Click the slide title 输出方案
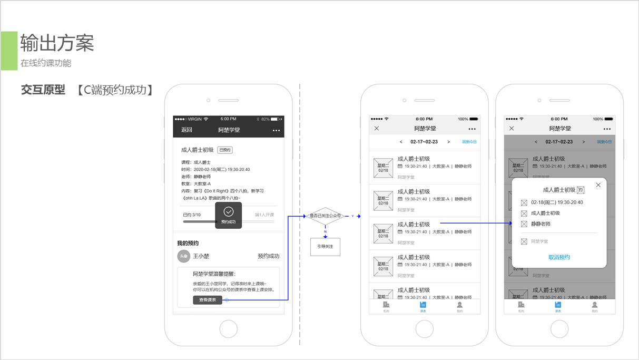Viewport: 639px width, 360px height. pyautogui.click(x=57, y=43)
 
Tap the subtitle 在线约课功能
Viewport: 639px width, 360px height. pyautogui.click(x=46, y=63)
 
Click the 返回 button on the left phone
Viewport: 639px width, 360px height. pyautogui.click(x=186, y=130)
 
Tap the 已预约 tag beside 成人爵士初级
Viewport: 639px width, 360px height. pyautogui.click(x=225, y=150)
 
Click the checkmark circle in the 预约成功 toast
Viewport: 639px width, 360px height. pyautogui.click(x=228, y=211)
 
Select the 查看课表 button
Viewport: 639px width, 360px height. pyautogui.click(x=207, y=300)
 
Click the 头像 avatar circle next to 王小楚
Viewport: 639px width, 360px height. pyautogui.click(x=183, y=256)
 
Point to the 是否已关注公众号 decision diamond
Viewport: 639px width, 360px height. pyautogui.click(x=325, y=216)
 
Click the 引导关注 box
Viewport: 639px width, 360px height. pyautogui.click(x=325, y=247)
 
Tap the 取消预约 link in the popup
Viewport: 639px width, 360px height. pyautogui.click(x=559, y=257)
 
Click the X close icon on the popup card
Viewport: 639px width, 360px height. pyautogui.click(x=598, y=185)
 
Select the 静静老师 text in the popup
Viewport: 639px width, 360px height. pyautogui.click(x=540, y=224)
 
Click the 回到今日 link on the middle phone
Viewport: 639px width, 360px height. pyautogui.click(x=469, y=142)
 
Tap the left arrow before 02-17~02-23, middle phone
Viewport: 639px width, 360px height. pyautogui.click(x=401, y=142)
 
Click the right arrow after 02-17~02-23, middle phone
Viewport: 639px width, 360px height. pyautogui.click(x=448, y=142)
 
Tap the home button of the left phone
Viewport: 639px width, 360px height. pyautogui.click(x=228, y=329)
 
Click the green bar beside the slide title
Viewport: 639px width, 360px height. pyautogui.click(x=9, y=51)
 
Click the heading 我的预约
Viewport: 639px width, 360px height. pyautogui.click(x=188, y=244)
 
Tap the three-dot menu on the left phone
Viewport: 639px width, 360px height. pyautogui.click(x=276, y=130)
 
